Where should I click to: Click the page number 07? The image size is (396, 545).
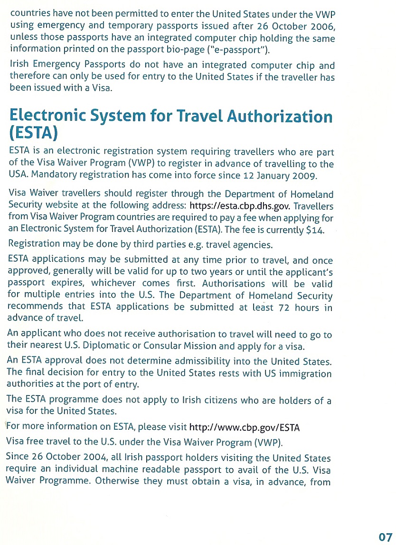[x=386, y=537]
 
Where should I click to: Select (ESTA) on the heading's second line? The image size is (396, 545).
[x=33, y=133]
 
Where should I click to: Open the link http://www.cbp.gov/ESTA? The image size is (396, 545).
[x=245, y=427]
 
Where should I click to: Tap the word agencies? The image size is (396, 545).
[x=252, y=245]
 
